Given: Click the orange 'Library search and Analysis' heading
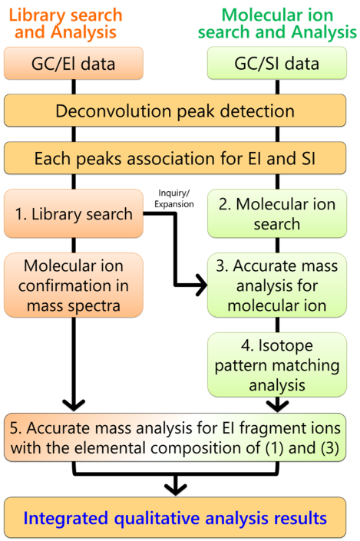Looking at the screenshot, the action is pyautogui.click(x=65, y=24).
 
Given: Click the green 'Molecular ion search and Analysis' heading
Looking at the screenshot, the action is pyautogui.click(x=277, y=24).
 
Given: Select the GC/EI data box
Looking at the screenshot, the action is pyautogui.click(x=74, y=64).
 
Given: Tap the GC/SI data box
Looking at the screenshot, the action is pyautogui.click(x=277, y=64).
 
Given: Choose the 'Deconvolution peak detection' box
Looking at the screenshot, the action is pyautogui.click(x=175, y=111).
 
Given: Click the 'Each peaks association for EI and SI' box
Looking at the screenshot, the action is pyautogui.click(x=175, y=158).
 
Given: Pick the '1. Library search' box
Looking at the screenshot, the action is pyautogui.click(x=74, y=213).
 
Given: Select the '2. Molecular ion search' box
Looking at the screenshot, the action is pyautogui.click(x=277, y=213).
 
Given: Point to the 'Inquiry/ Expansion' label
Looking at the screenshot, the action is pyautogui.click(x=174, y=199).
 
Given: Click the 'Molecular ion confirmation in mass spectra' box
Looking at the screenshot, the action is pyautogui.click(x=74, y=285).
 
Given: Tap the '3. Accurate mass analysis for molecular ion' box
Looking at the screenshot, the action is pyautogui.click(x=277, y=285).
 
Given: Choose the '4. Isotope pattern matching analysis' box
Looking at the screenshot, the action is pyautogui.click(x=277, y=365).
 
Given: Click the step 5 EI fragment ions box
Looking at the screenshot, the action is pyautogui.click(x=175, y=437).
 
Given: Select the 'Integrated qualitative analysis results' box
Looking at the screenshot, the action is pyautogui.click(x=175, y=518).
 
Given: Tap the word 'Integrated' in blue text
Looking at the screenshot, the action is pyautogui.click(x=66, y=518).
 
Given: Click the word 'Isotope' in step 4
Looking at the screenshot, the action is pyautogui.click(x=286, y=346).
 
